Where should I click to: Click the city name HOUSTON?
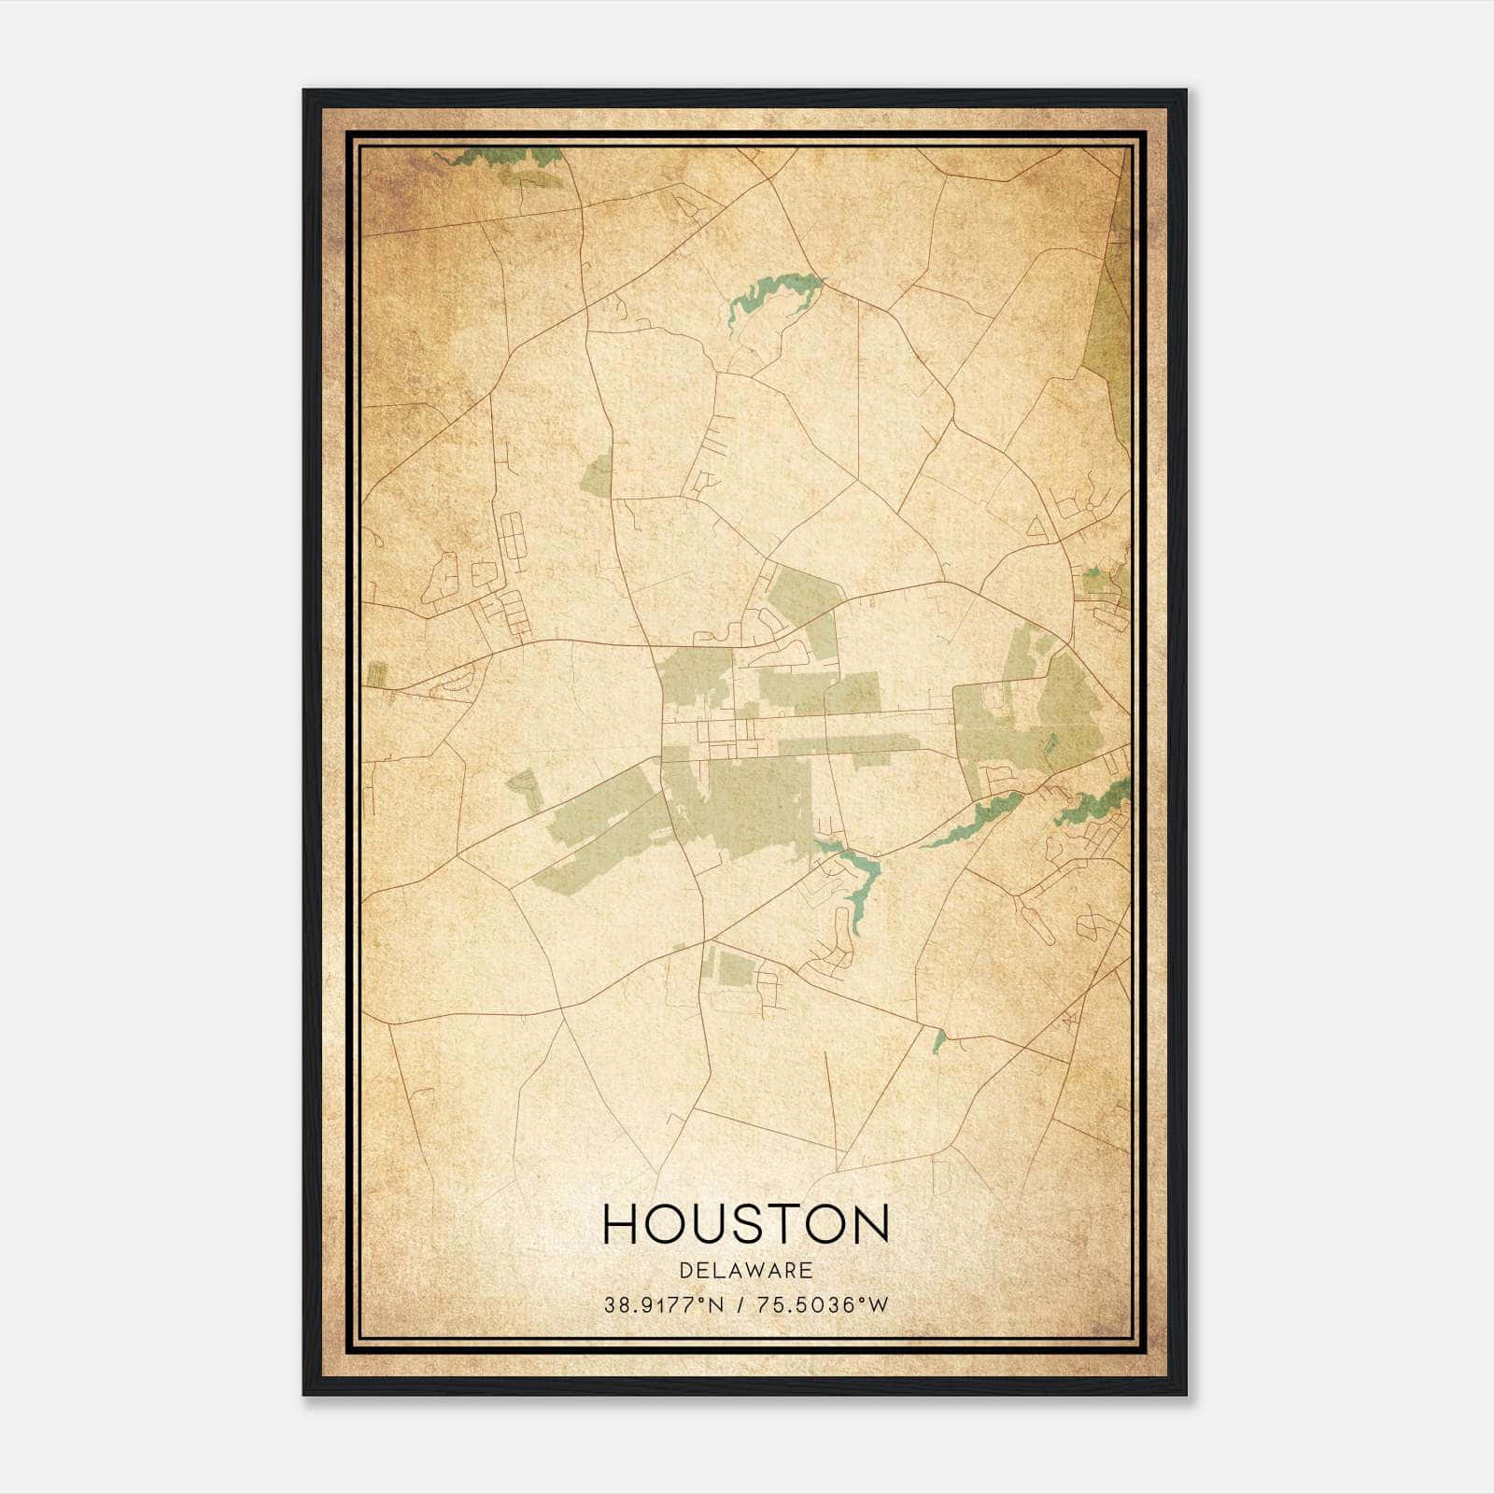746,1223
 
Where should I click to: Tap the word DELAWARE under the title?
746,1271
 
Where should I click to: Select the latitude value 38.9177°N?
663,1305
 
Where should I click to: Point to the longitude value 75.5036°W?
822,1305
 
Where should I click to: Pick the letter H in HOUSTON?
621,1223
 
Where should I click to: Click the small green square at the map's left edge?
376,674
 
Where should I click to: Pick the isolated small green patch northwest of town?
596,477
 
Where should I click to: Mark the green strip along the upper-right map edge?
1111,327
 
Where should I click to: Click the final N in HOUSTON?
870,1223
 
